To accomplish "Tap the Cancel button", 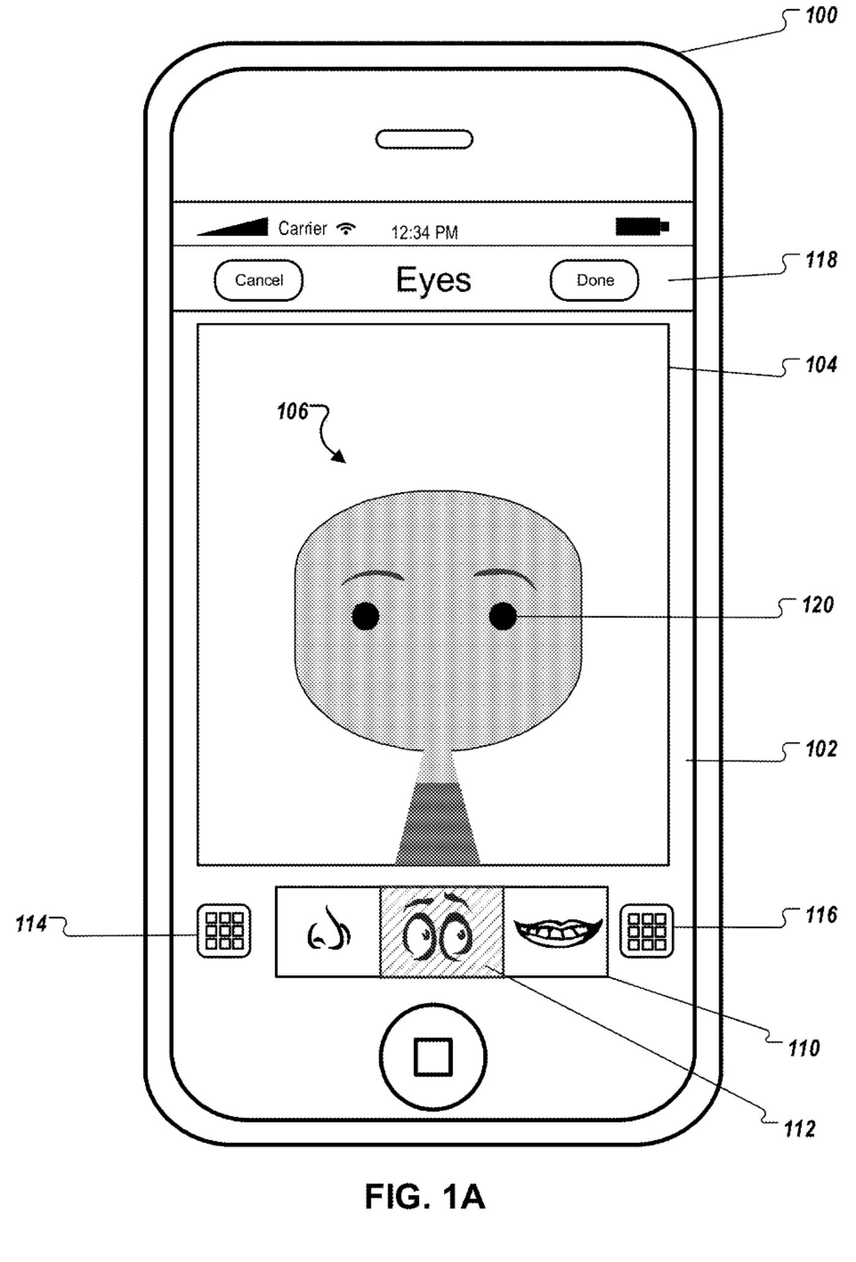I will click(x=259, y=281).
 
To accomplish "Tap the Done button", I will click(x=594, y=281).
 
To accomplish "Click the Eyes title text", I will click(x=434, y=280).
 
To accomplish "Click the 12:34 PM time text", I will click(x=424, y=232).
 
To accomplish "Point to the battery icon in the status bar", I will click(x=642, y=227).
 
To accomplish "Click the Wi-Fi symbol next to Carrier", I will click(x=347, y=229).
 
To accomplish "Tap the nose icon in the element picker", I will click(x=328, y=931).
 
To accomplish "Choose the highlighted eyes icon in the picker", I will click(x=442, y=931).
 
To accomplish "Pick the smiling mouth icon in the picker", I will click(x=556, y=930).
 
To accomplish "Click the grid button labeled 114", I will click(x=224, y=930).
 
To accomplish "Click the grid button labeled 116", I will click(x=646, y=930).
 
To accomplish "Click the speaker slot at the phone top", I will click(x=424, y=139).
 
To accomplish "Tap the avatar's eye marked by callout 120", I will click(x=503, y=616).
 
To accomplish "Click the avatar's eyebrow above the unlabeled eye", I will click(x=372, y=577).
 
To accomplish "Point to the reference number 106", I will click(x=292, y=411).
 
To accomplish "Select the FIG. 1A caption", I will click(x=424, y=1197).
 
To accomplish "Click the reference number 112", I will click(x=800, y=1129).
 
